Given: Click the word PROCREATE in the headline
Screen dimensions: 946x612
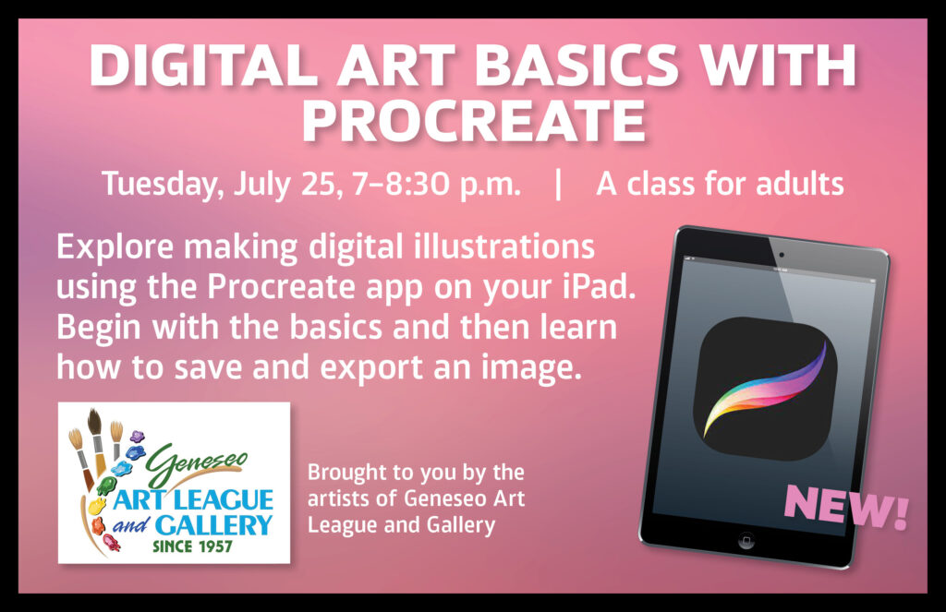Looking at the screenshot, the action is pyautogui.click(x=474, y=120).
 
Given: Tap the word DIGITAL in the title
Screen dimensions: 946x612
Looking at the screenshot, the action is pyautogui.click(x=204, y=66).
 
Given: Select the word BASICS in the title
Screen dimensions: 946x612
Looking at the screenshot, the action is pyautogui.click(x=576, y=66).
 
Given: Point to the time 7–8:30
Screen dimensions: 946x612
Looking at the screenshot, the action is pyautogui.click(x=401, y=184).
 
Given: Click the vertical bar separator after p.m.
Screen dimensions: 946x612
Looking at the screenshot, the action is pyautogui.click(x=558, y=184).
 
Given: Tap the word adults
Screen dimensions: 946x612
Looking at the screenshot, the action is pyautogui.click(x=799, y=184).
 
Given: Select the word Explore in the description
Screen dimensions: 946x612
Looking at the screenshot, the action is pyautogui.click(x=115, y=247).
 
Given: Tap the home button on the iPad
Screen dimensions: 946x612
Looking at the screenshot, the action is pyautogui.click(x=746, y=540).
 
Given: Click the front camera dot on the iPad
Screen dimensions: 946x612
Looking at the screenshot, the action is pyautogui.click(x=782, y=255).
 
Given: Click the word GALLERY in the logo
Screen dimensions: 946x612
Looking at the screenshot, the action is pyautogui.click(x=213, y=525).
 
